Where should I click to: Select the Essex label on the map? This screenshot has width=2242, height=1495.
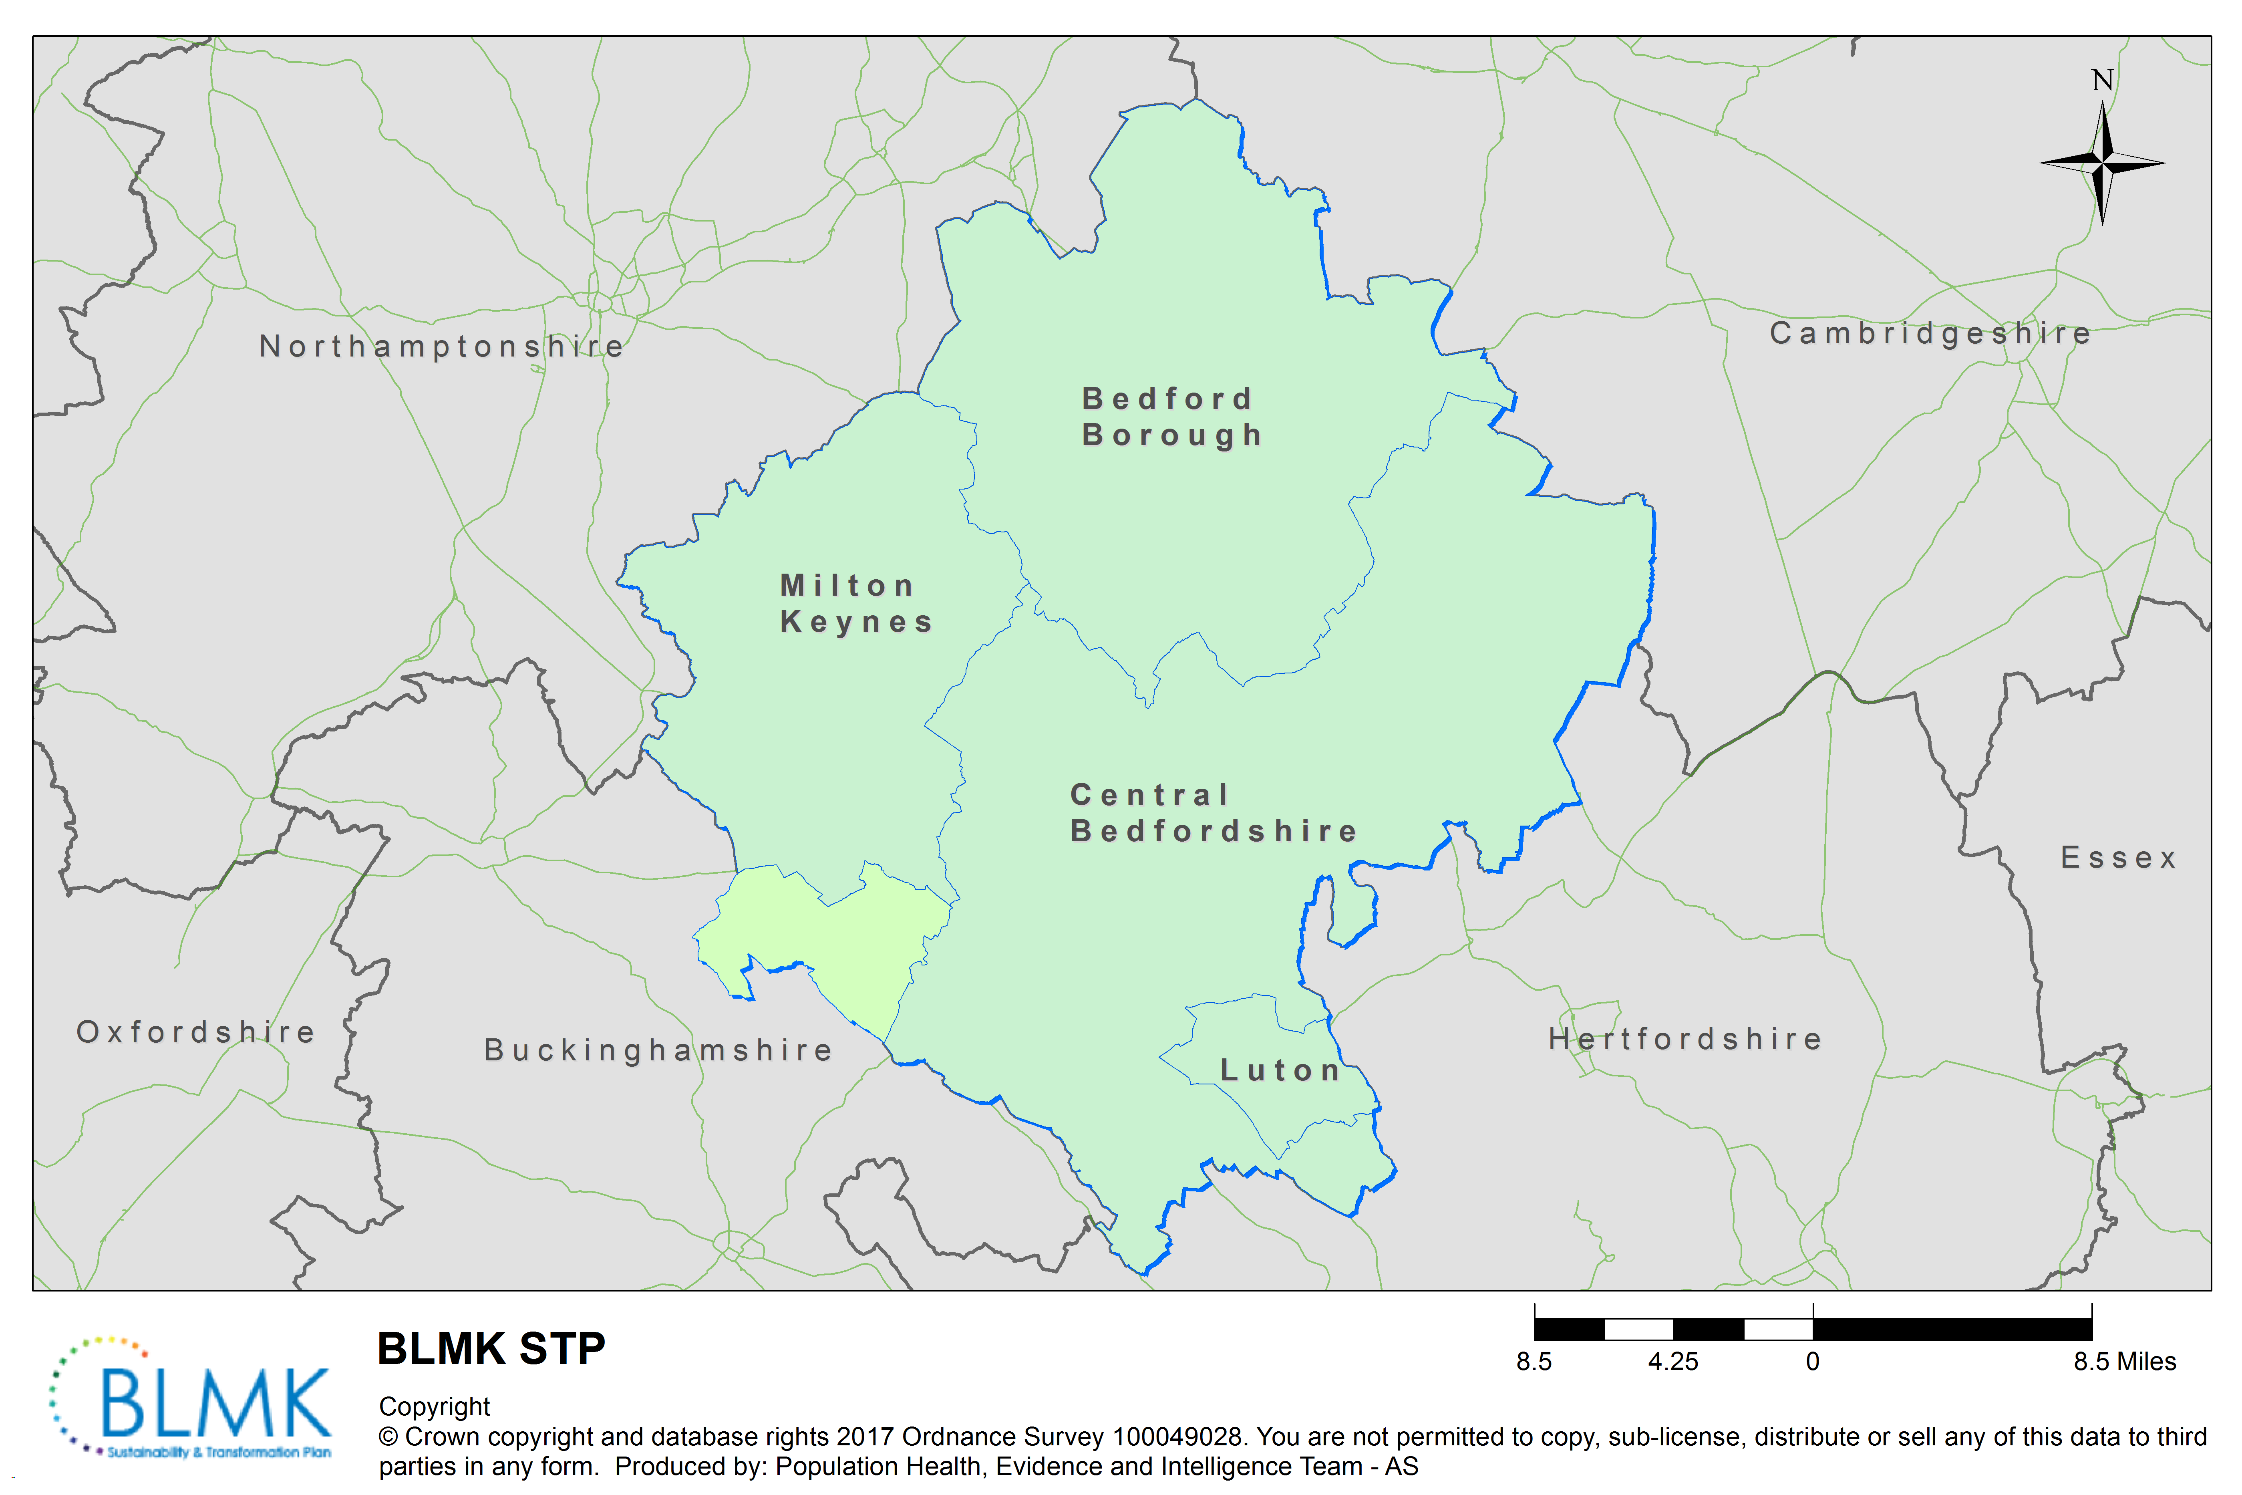coord(2118,858)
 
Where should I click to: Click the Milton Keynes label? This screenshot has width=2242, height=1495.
coord(855,604)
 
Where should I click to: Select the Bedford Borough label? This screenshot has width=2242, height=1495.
coord(1171,417)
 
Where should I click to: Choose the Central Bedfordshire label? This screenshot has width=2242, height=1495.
coord(1212,813)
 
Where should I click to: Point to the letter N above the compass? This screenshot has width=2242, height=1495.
coord(2102,80)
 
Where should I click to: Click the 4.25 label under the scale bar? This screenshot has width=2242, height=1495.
coord(1673,1362)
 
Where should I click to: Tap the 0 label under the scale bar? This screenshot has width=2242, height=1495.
coord(1812,1362)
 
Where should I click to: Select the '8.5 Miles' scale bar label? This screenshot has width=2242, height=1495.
coord(2124,1362)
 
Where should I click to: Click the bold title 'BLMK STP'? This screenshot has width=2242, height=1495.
coord(491,1349)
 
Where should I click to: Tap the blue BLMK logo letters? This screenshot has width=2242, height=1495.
coord(215,1402)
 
